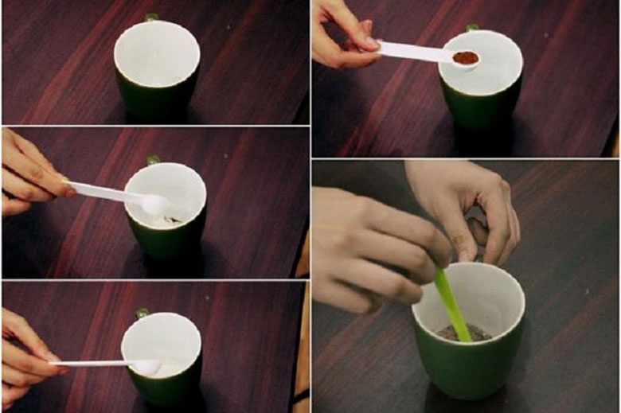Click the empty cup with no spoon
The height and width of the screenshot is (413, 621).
pos(157,68)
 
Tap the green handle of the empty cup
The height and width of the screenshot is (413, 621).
pos(151,18)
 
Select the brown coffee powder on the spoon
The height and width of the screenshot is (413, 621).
pos(466,57)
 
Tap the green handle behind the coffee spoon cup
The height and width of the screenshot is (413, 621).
pos(473,28)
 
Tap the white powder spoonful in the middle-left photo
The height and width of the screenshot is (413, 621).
pos(153,205)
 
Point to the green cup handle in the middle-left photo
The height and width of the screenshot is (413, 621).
pos(153,160)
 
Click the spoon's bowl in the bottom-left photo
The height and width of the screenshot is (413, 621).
pos(146,366)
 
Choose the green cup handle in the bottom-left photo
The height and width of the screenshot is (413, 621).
pos(143,313)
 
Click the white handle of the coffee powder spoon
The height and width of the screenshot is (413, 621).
pos(410,52)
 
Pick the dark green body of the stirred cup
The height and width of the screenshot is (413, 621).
pos(466,374)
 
